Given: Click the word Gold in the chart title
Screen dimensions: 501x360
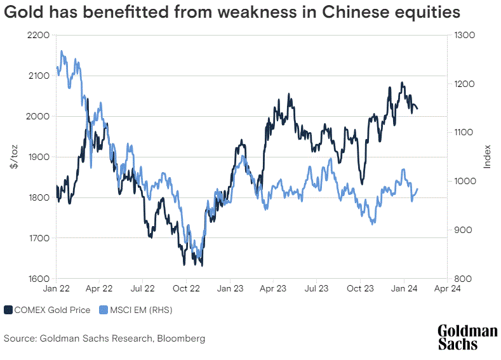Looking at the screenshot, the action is (24, 12).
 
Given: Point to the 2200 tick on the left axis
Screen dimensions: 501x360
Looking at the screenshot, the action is (38, 35).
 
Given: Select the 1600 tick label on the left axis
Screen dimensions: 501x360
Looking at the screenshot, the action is (39, 279).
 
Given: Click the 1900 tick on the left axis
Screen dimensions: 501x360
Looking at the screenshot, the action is (39, 157).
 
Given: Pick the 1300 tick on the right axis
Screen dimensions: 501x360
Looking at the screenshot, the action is (465, 35).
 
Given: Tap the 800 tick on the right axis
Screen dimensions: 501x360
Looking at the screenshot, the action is (463, 279).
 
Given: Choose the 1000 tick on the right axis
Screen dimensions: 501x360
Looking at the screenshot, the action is (465, 181).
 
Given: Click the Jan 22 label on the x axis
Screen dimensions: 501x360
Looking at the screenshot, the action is (57, 288).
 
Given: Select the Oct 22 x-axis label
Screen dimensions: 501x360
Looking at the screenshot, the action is (186, 288).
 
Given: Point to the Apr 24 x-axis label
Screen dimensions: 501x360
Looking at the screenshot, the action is (447, 288).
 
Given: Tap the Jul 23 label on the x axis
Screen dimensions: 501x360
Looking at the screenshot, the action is (316, 288).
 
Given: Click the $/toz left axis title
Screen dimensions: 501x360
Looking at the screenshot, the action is (14, 157).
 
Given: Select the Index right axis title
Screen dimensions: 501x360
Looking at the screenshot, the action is (487, 157).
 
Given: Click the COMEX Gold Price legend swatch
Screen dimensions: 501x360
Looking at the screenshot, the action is (8, 310).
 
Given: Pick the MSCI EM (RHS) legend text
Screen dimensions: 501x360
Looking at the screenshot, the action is (141, 310).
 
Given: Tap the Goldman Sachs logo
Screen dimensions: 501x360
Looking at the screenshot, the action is (467, 338).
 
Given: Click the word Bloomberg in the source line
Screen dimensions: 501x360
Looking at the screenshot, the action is (181, 338).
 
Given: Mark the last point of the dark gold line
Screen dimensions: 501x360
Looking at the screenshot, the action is (418, 109).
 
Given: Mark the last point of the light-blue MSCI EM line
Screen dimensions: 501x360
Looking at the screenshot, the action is (418, 189).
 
